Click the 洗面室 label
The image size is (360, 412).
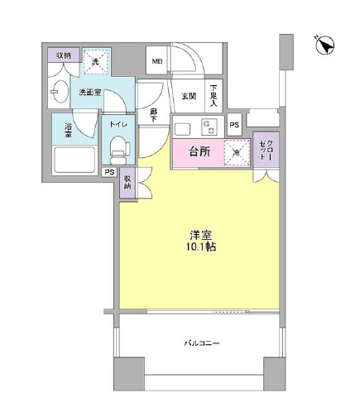click(x=90, y=93)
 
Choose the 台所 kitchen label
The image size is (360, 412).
click(x=199, y=151)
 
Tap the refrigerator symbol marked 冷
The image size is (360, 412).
click(x=238, y=152)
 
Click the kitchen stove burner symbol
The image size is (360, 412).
click(x=210, y=128)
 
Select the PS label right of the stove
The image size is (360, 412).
click(x=234, y=125)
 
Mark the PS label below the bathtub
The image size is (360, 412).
click(x=109, y=173)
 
